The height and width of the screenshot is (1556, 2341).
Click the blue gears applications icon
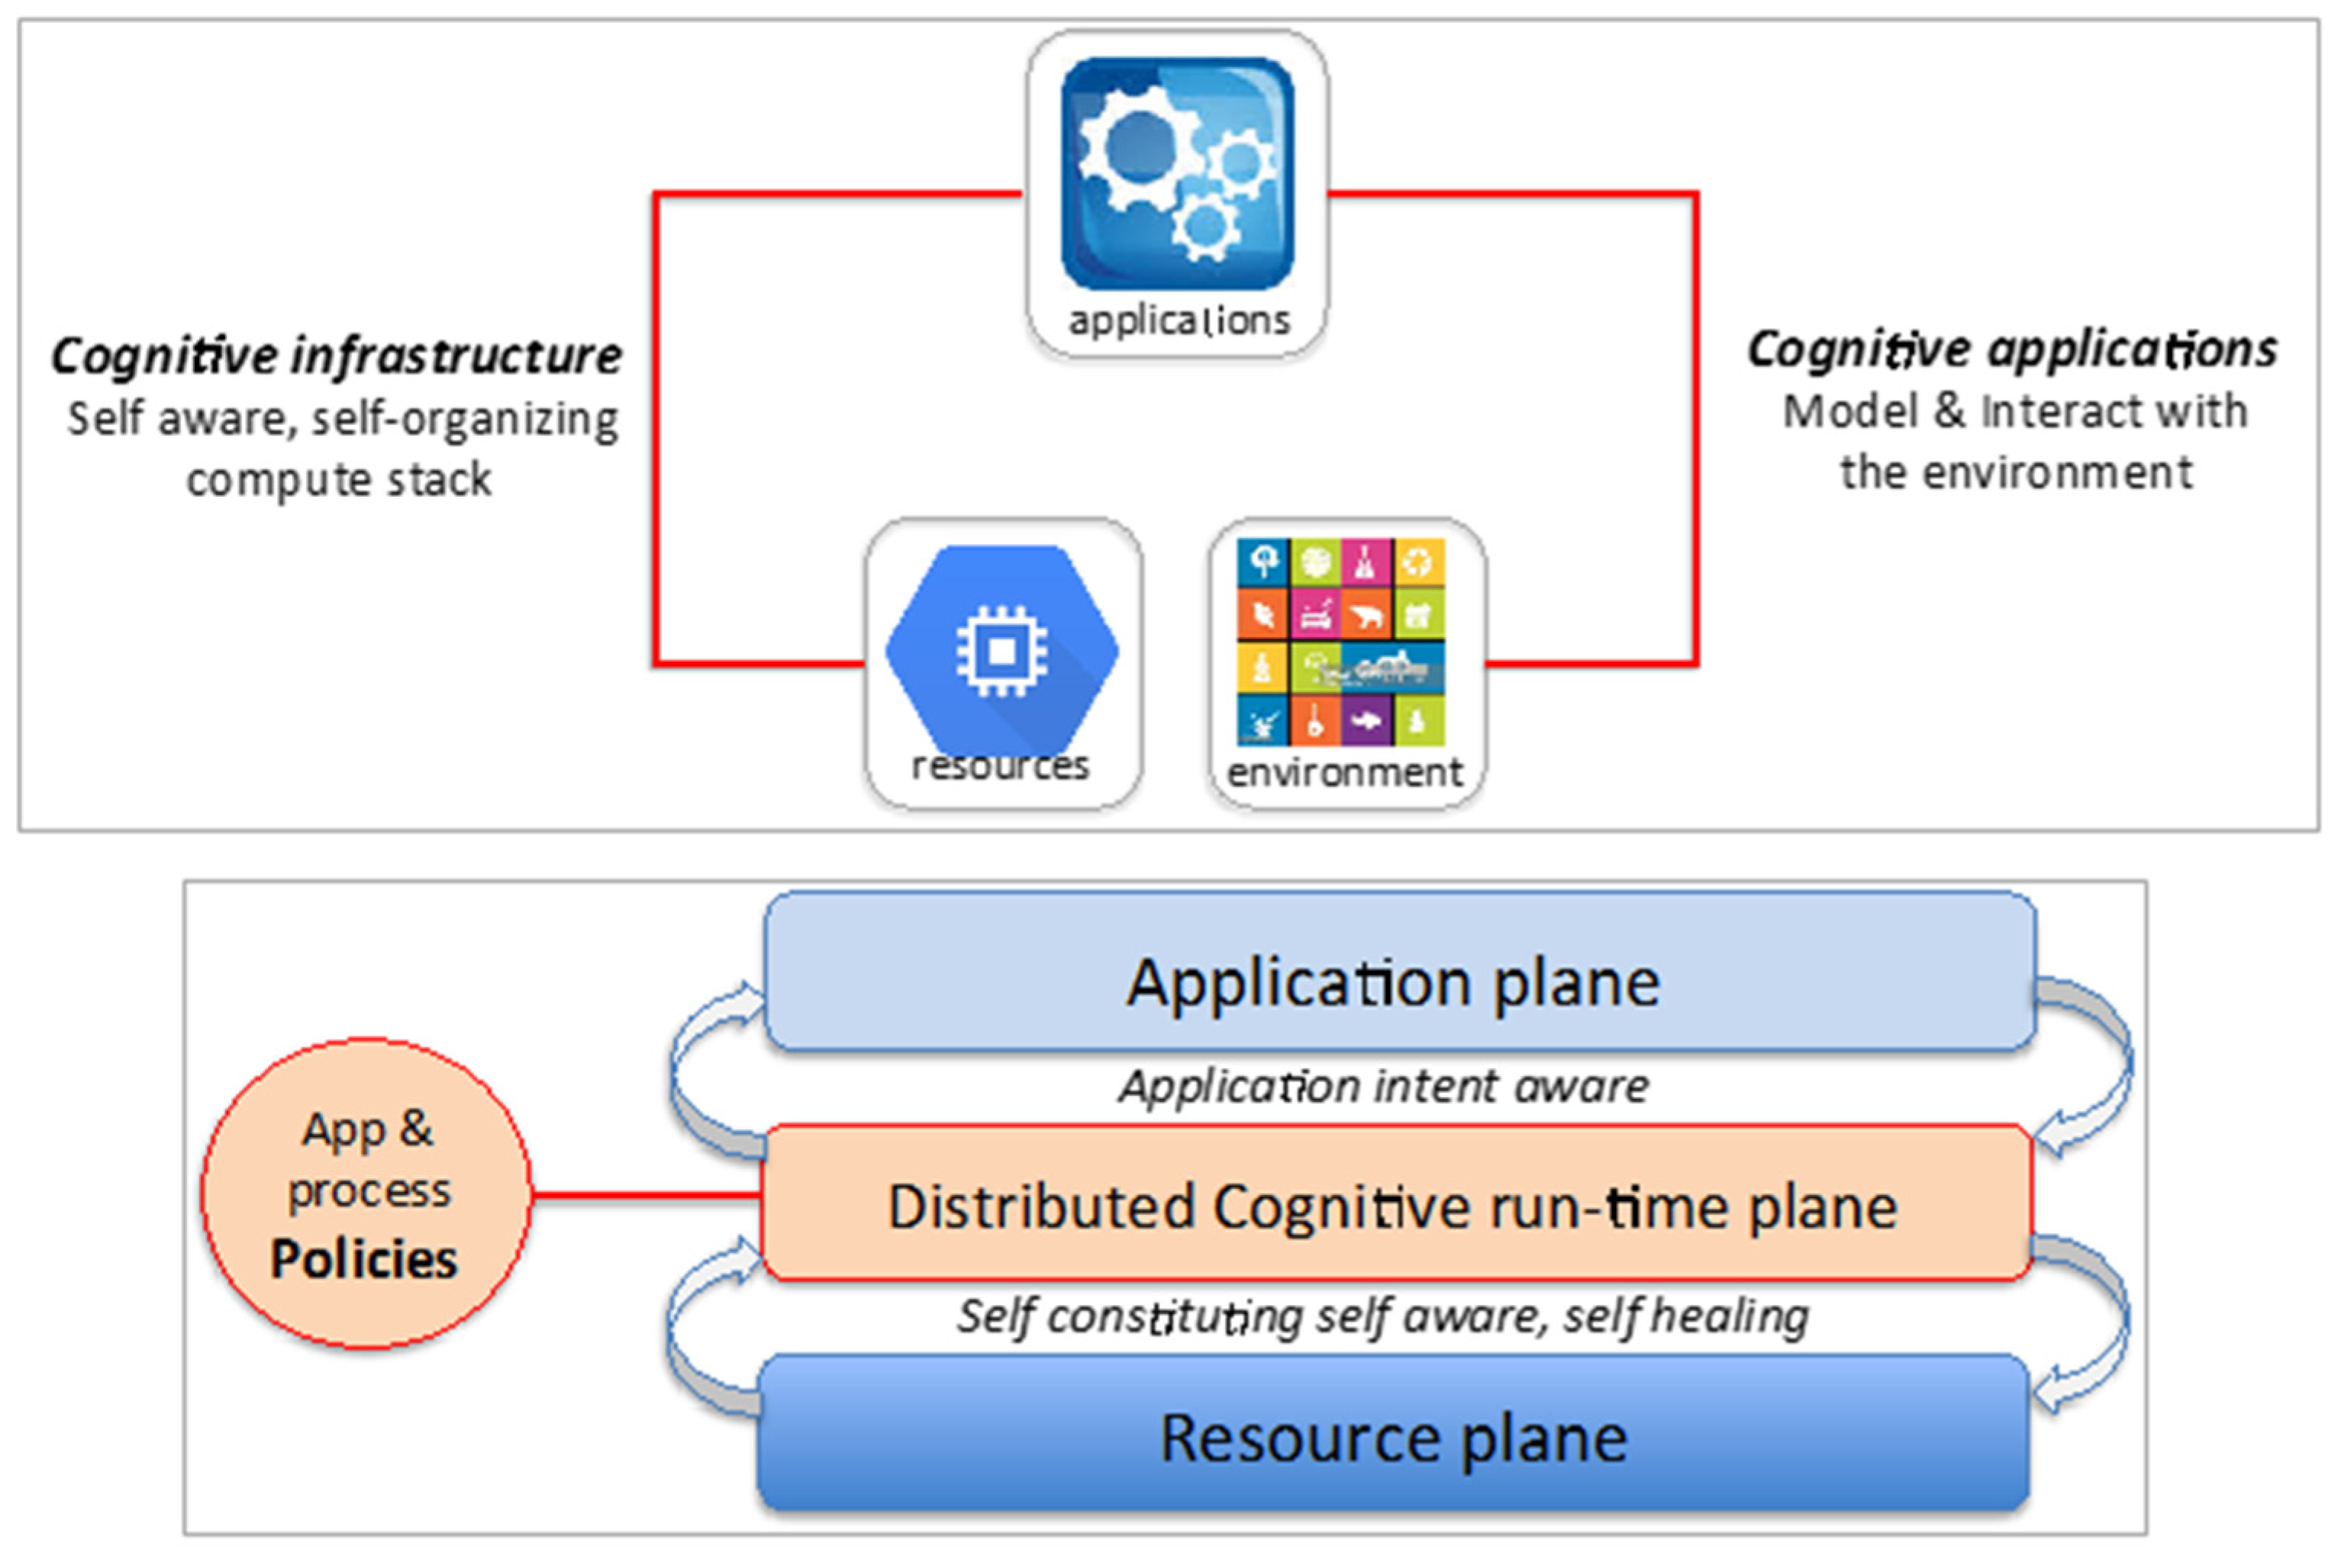click(x=1177, y=174)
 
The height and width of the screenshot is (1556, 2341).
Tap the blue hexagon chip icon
click(x=1001, y=650)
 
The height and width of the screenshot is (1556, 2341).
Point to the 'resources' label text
click(x=1001, y=766)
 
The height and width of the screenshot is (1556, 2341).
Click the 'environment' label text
click(x=1345, y=772)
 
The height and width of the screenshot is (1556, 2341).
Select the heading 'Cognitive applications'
click(x=2011, y=350)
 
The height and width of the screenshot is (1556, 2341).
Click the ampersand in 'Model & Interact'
click(x=1949, y=411)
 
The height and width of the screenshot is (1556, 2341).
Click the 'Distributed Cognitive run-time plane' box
click(x=1395, y=1206)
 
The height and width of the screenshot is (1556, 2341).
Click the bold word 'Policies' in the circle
click(x=364, y=1259)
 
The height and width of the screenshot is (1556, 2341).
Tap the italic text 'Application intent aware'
click(x=1385, y=1087)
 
